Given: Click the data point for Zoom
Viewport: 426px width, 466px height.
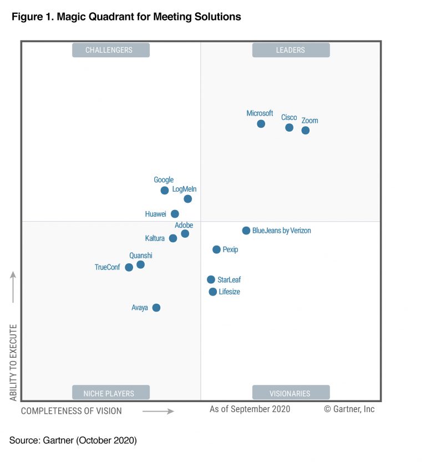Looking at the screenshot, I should coord(305,131).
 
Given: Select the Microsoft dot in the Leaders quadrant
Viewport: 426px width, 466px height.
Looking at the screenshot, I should coord(261,123).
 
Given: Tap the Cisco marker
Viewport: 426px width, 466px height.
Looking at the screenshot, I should coord(289,128).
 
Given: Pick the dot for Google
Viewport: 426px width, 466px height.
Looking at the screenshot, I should coord(164,191).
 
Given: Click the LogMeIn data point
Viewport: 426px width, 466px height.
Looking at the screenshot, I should coord(187,199).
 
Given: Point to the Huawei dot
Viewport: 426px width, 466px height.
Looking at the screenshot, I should coord(175,214).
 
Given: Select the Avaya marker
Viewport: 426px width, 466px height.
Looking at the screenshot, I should coord(156,308).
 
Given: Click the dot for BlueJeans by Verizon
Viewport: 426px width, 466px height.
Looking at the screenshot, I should coord(246,231).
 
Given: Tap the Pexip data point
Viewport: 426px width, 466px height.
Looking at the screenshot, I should coord(216,250).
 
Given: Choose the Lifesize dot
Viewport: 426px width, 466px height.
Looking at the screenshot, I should coord(212,292).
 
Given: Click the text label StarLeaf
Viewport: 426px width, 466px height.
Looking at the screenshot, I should coord(229,280).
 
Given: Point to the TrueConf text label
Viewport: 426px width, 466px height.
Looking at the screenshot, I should coord(107,267).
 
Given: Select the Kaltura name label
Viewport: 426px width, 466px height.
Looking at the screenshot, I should coord(155,238).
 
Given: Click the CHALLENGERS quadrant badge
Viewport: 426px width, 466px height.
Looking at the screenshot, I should coord(110,50).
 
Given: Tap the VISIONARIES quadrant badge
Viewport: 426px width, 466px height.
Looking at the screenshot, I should coord(291,393).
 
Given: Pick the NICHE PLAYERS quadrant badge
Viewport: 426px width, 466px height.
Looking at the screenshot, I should coord(110,393).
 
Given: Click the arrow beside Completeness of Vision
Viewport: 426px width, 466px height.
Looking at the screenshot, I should coord(158,412).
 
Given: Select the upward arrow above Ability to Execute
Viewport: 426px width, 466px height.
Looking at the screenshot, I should coord(13,287).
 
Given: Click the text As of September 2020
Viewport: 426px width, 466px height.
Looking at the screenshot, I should coord(250,409).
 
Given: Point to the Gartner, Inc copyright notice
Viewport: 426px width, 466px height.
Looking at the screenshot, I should coord(349,409).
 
